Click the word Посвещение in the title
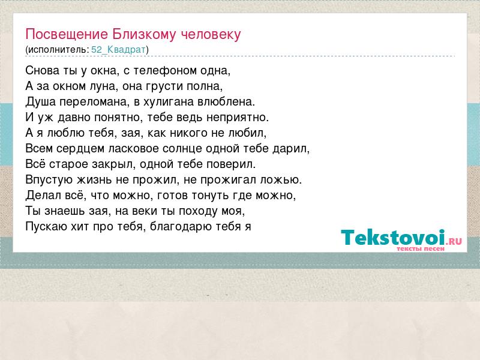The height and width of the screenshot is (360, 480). coord(67,35)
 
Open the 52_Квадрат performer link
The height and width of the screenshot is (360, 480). coord(118,50)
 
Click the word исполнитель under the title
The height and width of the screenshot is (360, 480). coord(57,50)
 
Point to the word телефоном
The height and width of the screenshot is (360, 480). coord(164,71)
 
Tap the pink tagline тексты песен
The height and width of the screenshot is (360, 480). coord(421,249)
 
